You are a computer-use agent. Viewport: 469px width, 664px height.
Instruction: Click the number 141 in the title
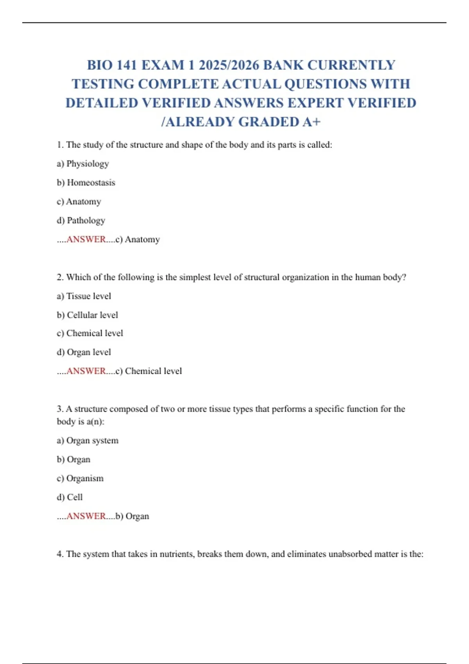[x=126, y=65]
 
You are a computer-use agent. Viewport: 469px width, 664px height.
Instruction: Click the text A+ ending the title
[x=311, y=122]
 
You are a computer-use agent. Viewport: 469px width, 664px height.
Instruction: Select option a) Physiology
[x=83, y=164]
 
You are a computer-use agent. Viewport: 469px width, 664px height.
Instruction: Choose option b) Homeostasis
[x=86, y=182]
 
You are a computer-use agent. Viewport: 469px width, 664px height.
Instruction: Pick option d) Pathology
[x=81, y=220]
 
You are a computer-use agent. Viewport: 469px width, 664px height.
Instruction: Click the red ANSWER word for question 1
[x=86, y=239]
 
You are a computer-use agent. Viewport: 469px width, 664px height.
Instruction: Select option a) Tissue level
[x=84, y=296]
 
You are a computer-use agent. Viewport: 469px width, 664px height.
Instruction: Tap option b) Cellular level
[x=87, y=315]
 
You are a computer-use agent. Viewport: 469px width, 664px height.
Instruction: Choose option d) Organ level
[x=84, y=352]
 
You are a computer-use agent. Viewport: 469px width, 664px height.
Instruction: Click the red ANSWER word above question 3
[x=86, y=371]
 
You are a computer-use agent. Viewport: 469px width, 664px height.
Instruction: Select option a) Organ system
[x=88, y=441]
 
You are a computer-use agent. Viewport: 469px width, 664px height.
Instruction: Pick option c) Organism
[x=80, y=478]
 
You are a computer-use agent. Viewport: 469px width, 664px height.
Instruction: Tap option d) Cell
[x=70, y=497]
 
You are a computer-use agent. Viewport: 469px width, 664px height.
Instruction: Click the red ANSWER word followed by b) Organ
[x=86, y=516]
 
